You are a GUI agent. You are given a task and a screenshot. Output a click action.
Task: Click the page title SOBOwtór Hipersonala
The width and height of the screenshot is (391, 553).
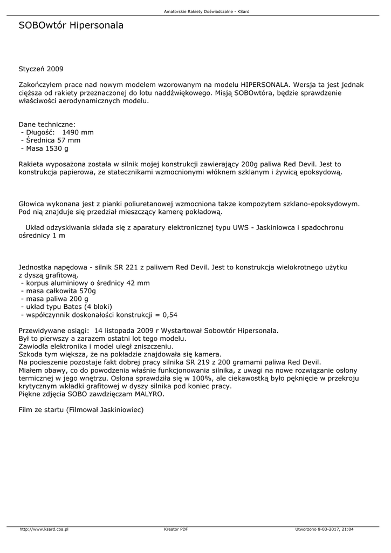point(71,25)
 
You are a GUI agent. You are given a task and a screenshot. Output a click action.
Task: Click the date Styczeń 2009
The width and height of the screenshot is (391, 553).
point(41,69)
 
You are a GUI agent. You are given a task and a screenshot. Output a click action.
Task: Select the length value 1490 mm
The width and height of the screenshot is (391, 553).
point(78,132)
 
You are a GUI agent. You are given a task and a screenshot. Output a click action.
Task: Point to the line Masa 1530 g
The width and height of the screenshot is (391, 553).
point(46,149)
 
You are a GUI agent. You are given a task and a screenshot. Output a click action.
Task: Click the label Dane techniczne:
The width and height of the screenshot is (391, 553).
point(47,124)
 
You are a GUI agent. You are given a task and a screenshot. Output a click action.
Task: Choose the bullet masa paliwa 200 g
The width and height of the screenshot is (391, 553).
point(56,299)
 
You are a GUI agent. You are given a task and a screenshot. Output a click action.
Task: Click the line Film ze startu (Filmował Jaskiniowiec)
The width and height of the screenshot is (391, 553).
point(81,410)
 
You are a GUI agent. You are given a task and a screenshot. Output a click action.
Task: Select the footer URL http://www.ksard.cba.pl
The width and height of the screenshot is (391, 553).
point(44,529)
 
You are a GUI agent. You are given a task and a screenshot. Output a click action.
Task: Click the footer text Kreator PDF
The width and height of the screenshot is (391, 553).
point(176,529)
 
